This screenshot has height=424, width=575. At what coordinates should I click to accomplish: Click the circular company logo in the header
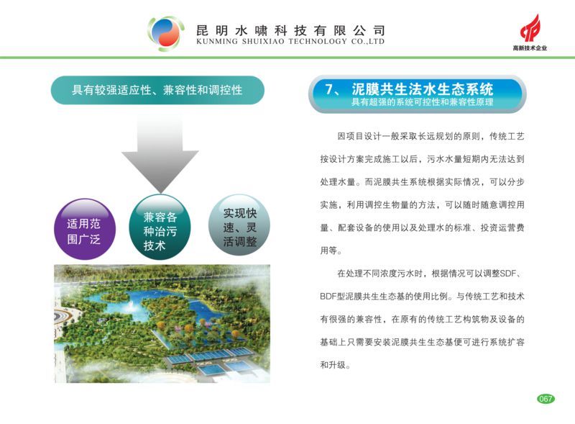click(x=166, y=33)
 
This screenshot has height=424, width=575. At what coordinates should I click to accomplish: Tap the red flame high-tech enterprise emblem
click(x=530, y=29)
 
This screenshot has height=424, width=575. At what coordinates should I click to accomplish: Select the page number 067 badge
click(x=546, y=399)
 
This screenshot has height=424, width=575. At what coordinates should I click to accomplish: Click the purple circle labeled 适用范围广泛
click(x=84, y=229)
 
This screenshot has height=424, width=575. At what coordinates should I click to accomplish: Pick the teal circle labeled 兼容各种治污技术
click(x=160, y=227)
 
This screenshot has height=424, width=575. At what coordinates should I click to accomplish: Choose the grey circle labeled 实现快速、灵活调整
click(x=239, y=225)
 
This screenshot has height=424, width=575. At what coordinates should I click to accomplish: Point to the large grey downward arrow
click(x=160, y=153)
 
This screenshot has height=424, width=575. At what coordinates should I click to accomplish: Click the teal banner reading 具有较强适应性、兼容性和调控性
click(x=157, y=90)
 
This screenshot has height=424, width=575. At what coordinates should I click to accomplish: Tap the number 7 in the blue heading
click(x=329, y=89)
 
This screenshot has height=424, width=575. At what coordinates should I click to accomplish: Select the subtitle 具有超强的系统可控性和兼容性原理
click(x=422, y=102)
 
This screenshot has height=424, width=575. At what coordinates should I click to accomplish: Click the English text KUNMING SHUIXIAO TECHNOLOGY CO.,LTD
click(x=290, y=42)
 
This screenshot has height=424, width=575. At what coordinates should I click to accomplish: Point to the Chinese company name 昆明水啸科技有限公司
click(x=290, y=30)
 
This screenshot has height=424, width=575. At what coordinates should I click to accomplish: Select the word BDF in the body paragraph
click(x=328, y=297)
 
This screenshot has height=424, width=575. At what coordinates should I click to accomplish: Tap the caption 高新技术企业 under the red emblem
click(x=530, y=48)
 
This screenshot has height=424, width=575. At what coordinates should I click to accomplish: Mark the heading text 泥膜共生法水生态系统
click(x=423, y=89)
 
